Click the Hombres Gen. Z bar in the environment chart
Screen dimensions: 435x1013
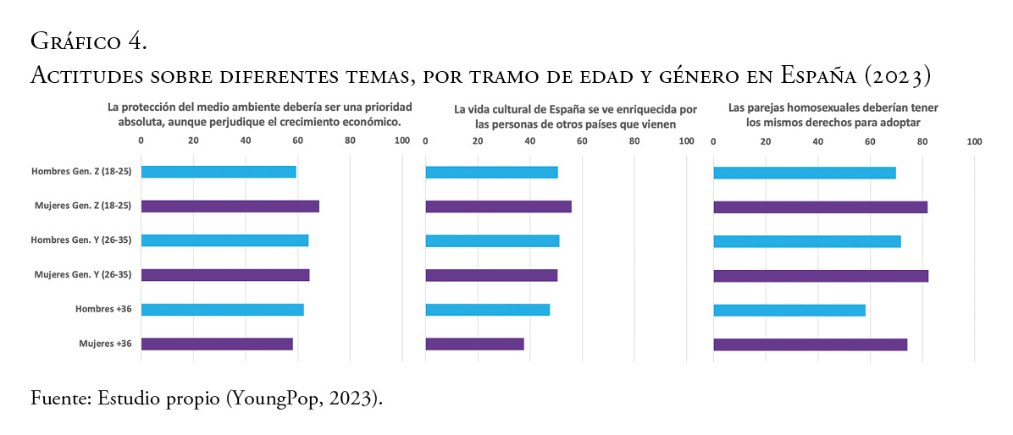(219, 172)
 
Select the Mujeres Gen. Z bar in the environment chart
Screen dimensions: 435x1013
(230, 206)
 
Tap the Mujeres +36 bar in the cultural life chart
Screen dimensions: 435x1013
(474, 344)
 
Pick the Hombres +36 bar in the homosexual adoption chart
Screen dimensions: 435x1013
(789, 310)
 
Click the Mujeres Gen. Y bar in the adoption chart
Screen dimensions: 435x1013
(821, 275)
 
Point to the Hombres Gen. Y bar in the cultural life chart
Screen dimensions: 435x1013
(492, 240)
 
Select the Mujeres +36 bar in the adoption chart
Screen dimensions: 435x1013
(811, 344)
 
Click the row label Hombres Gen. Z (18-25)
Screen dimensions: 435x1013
(79, 172)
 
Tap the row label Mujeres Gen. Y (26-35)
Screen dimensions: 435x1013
(80, 275)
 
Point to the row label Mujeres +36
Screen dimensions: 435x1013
(105, 344)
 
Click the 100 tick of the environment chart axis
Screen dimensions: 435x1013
(401, 141)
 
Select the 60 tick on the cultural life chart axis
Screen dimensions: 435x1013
(582, 141)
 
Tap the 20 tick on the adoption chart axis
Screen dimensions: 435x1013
(766, 141)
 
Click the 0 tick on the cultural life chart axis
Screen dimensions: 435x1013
(425, 141)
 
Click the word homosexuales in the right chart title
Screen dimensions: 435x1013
(817, 108)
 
